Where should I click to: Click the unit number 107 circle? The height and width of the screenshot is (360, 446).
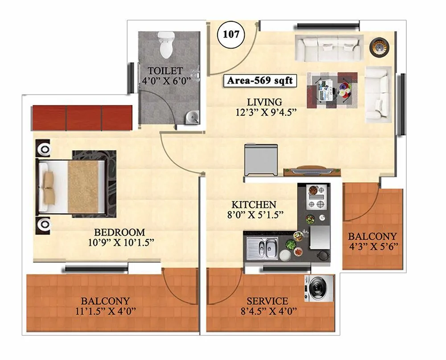click(x=230, y=35)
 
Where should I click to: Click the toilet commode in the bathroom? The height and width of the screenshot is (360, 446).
click(x=166, y=44)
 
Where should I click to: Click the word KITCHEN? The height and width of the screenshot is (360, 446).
click(x=254, y=205)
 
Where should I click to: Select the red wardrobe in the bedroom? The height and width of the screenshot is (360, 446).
click(x=83, y=118)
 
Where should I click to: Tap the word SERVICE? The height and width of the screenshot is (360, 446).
click(x=268, y=301)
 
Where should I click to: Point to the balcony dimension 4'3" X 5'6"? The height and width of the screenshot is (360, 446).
click(x=373, y=246)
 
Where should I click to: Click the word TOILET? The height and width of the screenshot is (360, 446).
click(x=165, y=71)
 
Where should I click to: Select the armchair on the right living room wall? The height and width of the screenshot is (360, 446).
click(x=378, y=94)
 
